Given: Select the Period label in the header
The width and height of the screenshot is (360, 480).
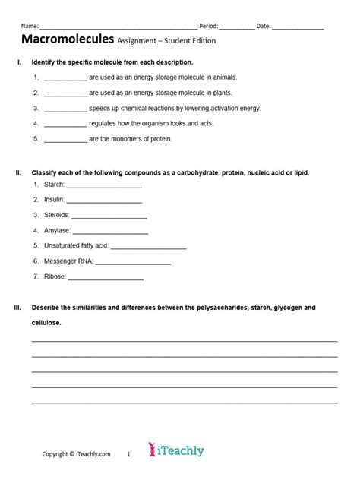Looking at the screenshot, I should pos(208,26).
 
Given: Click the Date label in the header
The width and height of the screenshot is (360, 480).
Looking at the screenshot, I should pos(263,26).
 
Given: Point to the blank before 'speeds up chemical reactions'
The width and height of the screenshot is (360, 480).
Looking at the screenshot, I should pos(65,109).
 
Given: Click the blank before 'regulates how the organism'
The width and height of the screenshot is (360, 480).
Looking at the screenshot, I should pos(65,124).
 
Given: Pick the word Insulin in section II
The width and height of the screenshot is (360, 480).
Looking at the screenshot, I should pos(54,200).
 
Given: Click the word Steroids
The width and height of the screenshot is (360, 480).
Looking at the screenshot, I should pos(56,215).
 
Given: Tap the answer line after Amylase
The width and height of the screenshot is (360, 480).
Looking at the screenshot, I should pos(110,231).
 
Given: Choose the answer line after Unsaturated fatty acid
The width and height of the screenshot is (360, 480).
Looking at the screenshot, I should pos(149,246).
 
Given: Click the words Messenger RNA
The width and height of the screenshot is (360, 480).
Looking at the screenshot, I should pos(68,261).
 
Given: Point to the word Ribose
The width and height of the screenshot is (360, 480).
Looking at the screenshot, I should pos(55,276).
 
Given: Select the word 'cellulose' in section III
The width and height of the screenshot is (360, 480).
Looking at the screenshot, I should pos(46,323).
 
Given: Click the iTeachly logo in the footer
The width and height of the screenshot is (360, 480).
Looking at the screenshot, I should pos(176,450).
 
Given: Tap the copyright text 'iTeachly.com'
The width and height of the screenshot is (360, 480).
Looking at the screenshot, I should pos(92,454).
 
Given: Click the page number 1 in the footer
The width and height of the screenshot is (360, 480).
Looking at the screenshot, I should pos(129,454).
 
